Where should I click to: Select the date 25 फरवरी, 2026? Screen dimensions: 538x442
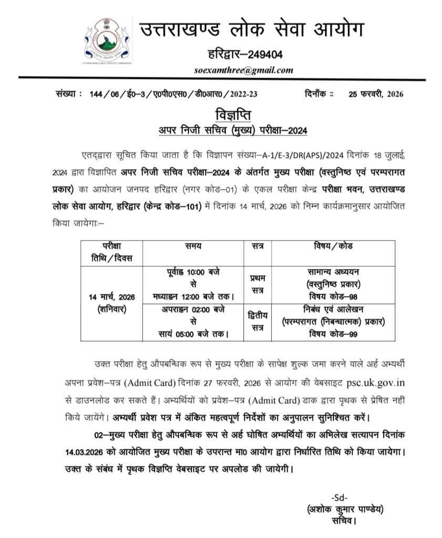pos(376,95)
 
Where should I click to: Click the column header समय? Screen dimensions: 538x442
pos(193,246)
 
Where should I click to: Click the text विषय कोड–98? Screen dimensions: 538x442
pos(333,297)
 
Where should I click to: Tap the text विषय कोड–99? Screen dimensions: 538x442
pos(333,334)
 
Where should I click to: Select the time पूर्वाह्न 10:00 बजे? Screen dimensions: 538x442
pos(193,272)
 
